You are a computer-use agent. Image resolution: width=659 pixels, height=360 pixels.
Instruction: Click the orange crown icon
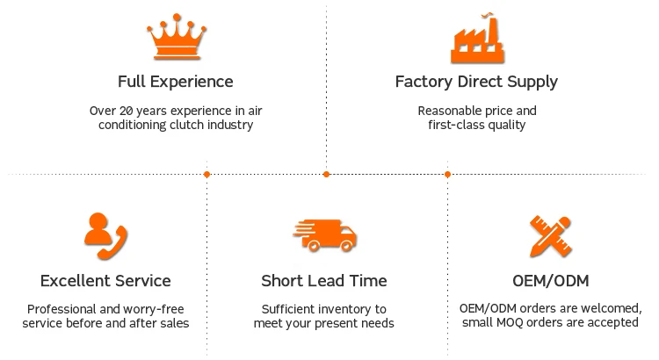(x=176, y=38)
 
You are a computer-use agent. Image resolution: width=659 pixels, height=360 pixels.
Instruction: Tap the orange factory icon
(x=477, y=40)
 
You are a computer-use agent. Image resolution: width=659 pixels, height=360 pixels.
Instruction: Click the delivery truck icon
(x=324, y=235)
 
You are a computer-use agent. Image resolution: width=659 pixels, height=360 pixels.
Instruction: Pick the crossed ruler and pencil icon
(x=551, y=235)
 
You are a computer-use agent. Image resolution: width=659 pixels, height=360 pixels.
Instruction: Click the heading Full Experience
(x=176, y=82)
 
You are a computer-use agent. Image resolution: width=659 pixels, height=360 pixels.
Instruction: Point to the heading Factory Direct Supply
(x=477, y=82)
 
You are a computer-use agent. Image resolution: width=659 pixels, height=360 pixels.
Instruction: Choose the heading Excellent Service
(x=105, y=281)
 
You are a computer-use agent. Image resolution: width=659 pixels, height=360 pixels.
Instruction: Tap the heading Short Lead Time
(x=324, y=281)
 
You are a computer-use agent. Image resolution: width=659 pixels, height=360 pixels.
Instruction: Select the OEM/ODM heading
(x=551, y=281)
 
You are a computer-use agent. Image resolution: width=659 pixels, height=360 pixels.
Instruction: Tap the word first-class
(x=446, y=126)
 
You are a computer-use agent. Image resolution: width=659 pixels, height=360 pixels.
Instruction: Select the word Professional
(x=62, y=309)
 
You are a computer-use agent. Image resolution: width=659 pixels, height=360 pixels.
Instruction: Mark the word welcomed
(x=610, y=309)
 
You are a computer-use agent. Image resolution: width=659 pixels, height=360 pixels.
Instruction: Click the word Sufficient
(x=289, y=309)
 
